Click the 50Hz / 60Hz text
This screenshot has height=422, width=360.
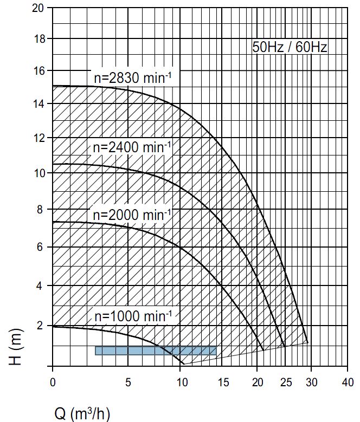[x=290, y=47]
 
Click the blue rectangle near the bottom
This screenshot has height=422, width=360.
[x=156, y=350]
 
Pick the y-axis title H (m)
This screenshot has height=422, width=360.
[x=18, y=347]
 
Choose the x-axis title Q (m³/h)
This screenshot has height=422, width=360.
[x=82, y=414]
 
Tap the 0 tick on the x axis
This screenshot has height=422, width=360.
[x=53, y=381]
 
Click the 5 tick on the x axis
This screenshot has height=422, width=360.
[x=128, y=381]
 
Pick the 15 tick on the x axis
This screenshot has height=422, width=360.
[x=223, y=381]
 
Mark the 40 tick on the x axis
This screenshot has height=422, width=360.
[x=348, y=381]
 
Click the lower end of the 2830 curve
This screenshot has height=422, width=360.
[x=307, y=342]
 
